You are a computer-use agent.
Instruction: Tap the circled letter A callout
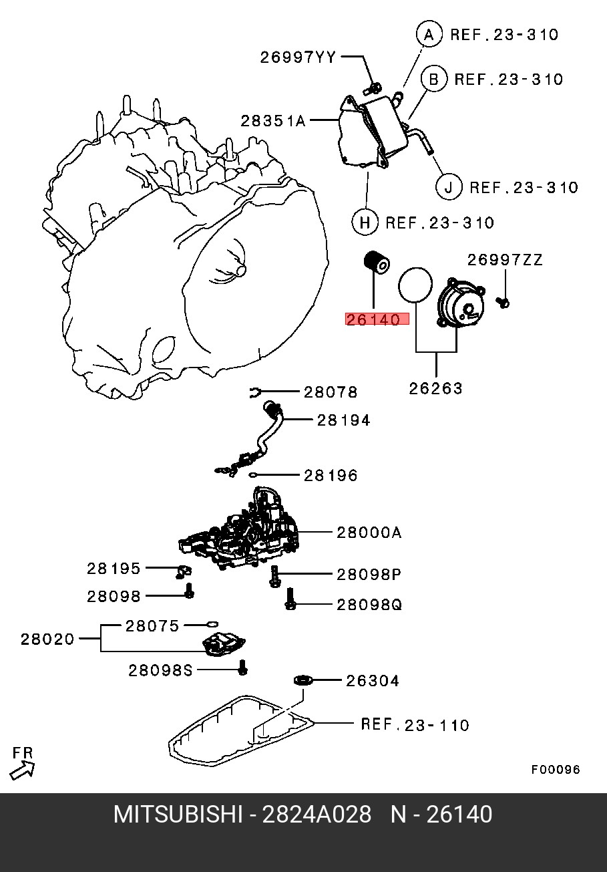429,34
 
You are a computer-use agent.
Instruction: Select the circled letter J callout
449,186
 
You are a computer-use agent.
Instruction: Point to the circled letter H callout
365,222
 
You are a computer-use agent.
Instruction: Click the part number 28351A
273,121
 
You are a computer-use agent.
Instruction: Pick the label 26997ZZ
504,260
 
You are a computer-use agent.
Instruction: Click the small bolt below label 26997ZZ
503,303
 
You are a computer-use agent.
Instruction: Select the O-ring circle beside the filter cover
415,285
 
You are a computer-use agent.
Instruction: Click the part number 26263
436,388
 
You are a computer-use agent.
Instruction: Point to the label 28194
343,420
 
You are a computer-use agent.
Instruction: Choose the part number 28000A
369,533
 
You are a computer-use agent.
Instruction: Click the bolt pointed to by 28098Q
290,599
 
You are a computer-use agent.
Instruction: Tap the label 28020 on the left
47,639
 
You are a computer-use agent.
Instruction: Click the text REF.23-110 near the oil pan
415,724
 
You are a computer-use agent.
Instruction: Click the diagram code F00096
556,769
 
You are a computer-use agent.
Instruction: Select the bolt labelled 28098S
243,666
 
